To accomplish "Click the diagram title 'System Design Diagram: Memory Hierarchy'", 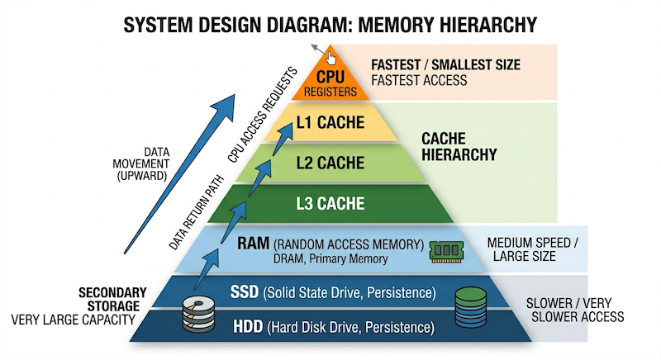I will coord(330,24).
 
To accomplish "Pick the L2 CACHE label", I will coord(330,163).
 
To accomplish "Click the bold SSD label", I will coord(245,293).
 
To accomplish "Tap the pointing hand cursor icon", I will coord(330,58).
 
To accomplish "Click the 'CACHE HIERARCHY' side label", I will coord(459,146).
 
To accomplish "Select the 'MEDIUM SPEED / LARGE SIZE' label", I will coord(533,249).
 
